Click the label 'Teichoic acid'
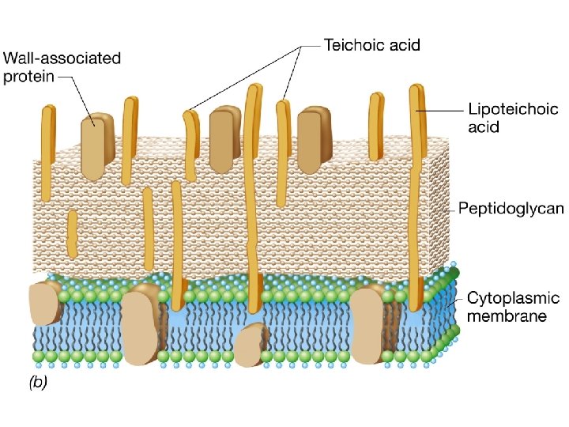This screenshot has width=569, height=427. pyautogui.click(x=372, y=44)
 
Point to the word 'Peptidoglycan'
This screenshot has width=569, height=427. pyautogui.click(x=511, y=209)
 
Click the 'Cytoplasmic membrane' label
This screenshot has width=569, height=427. pyautogui.click(x=513, y=308)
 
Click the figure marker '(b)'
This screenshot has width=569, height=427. pyautogui.click(x=38, y=383)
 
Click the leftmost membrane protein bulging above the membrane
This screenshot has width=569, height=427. pyautogui.click(x=45, y=302)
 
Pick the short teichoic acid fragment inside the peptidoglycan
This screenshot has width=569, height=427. pyautogui.click(x=72, y=234)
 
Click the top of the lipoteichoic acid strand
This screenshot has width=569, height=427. pyautogui.click(x=415, y=89)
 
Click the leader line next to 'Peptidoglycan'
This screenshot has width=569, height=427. pyautogui.click(x=446, y=210)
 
